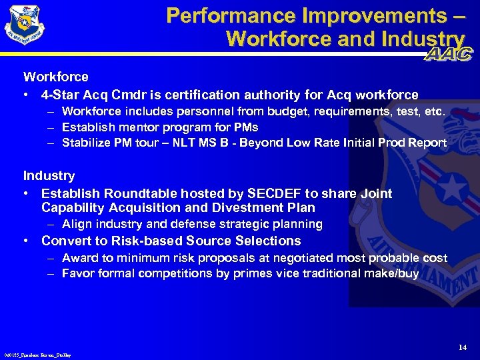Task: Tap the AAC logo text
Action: [447, 54]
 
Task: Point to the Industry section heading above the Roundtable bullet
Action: [49, 176]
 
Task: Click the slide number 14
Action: [463, 347]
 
